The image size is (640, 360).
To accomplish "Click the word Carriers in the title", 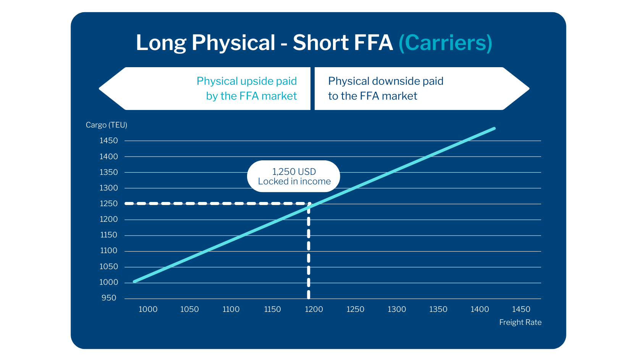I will point(445,43).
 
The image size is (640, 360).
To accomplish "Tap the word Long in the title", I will point(161,43).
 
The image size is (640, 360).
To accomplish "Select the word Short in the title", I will point(320,43).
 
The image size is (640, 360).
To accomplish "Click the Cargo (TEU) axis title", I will point(106,125).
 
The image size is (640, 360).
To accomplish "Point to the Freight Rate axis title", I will point(520,322).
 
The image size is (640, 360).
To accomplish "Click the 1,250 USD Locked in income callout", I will point(294,176).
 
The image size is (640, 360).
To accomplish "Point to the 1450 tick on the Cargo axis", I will point(109,140).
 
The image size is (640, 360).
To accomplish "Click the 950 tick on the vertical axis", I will point(109,298).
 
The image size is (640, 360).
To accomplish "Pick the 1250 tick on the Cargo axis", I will point(109,203).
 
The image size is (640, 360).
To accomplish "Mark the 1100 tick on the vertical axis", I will point(109,250).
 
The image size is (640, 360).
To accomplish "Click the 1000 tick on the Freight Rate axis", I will point(148,309).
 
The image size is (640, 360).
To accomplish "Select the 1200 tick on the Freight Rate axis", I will point(314,309).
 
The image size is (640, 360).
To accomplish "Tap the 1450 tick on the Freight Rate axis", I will point(521,309).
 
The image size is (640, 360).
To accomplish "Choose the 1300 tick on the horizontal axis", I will point(397,309).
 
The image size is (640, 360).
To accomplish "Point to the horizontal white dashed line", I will point(214,203).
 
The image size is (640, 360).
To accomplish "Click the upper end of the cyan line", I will point(494,129).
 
